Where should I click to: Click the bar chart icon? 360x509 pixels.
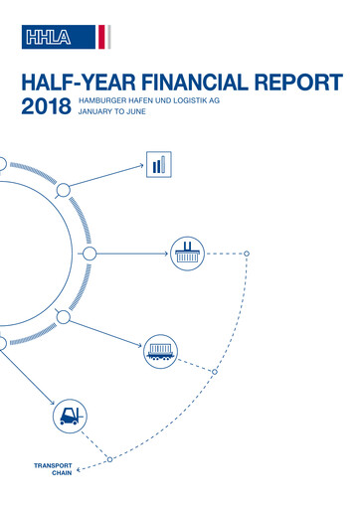tap(158, 164)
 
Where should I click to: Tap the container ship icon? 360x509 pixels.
tap(184, 253)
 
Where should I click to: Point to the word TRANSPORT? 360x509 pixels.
tap(53, 465)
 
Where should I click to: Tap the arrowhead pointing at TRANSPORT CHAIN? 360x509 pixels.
tap(81, 469)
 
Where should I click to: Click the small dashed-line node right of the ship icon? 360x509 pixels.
tap(248, 253)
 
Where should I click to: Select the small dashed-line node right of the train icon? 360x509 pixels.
tap(215, 370)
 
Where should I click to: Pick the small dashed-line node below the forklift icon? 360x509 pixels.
tap(110, 458)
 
